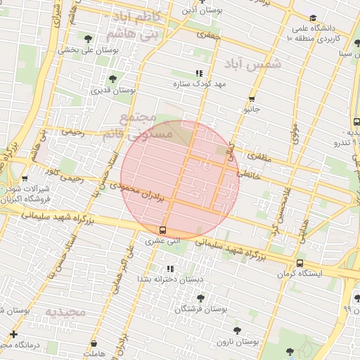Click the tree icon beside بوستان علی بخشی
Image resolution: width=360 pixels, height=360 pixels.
point(87,39)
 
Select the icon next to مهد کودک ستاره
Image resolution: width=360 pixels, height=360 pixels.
point(199,72)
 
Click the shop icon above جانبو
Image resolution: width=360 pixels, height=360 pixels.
point(252,98)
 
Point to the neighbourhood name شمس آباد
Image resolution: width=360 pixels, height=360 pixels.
point(252,64)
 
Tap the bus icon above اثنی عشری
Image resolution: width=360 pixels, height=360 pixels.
point(163,230)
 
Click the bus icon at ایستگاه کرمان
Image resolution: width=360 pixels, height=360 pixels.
point(300,263)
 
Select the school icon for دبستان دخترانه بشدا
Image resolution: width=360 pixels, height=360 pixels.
point(169,269)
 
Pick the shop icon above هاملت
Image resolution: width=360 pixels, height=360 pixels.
point(94,344)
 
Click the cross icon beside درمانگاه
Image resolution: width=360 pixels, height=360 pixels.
point(13,333)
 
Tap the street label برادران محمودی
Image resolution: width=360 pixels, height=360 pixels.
point(141,192)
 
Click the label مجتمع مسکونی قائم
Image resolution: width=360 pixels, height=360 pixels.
point(136,125)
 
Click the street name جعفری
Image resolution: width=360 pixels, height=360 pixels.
point(209,34)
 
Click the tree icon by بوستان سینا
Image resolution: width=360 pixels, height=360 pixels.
point(358,44)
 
